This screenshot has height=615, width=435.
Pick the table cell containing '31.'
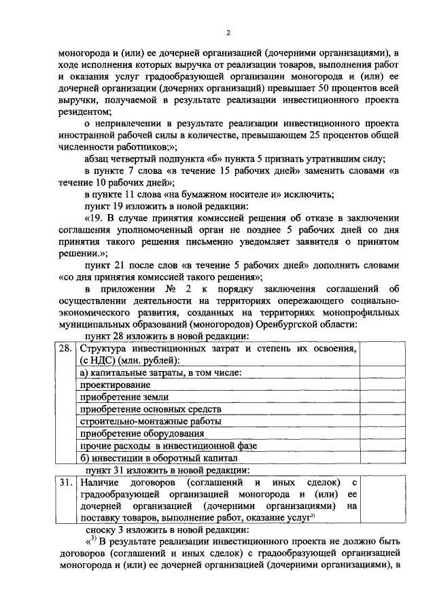pyautogui.click(x=65, y=481)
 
